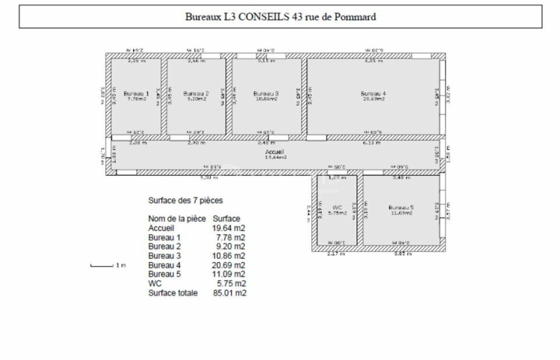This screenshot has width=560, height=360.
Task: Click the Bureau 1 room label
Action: (x=136, y=94)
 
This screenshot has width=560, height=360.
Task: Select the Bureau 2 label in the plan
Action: (x=196, y=94)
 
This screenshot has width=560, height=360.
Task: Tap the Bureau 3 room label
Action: (x=266, y=94)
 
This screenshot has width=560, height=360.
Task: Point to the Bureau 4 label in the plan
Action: (x=373, y=94)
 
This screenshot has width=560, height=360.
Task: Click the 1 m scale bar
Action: (x=102, y=265)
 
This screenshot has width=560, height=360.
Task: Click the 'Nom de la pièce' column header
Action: (x=178, y=219)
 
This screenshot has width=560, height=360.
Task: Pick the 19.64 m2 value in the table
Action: (x=229, y=228)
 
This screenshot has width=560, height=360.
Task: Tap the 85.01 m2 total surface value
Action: (x=229, y=293)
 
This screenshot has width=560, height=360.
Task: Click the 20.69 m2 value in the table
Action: (x=229, y=265)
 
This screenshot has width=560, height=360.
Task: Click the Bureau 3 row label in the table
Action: (x=164, y=256)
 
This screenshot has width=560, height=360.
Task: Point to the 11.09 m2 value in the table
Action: (x=229, y=275)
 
